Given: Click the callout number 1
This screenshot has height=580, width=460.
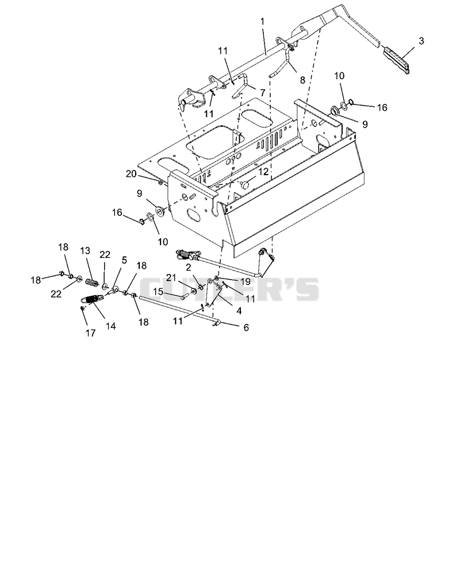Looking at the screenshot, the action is tap(263, 21).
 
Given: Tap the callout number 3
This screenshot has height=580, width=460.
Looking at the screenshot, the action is tap(421, 41).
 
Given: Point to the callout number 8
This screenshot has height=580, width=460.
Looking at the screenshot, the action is tap(302, 80).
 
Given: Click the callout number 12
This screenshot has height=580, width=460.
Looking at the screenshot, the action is tap(263, 172).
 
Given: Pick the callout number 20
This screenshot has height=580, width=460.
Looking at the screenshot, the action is tap(131, 173).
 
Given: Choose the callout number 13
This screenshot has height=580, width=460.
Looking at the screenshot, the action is tap(85, 251).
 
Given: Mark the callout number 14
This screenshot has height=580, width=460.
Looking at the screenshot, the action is tap(110, 326).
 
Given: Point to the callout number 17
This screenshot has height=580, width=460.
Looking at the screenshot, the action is tap(90, 333).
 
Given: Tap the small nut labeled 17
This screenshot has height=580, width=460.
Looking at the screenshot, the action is tap(83, 308).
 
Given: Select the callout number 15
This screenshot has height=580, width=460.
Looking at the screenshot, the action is tap(158, 292).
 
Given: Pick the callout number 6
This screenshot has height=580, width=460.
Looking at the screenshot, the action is tap(246, 327).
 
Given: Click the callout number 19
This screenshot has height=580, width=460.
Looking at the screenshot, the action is tap(245, 281).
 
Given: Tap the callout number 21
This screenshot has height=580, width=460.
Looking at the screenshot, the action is tap(171, 277).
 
